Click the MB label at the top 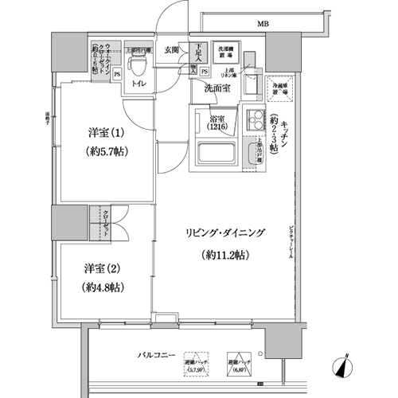click(x=262, y=23)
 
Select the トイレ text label click(x=139, y=82)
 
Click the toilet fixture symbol click(x=139, y=60)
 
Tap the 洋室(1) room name click(x=104, y=133)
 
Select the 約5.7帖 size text click(x=104, y=151)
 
